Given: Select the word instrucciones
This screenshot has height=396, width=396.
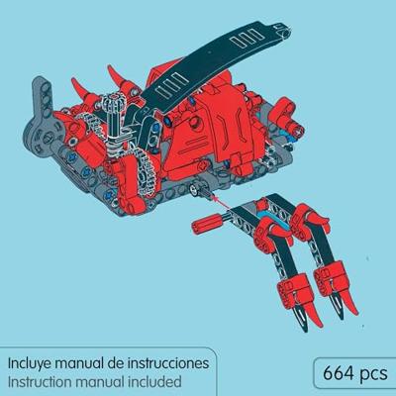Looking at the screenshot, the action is coord(168,363).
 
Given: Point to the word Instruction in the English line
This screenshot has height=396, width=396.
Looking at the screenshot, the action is coord(40,382).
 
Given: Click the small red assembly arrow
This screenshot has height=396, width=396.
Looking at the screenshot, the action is coord(220,202).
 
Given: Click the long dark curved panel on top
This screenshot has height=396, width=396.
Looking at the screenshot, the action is coord(205,66).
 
